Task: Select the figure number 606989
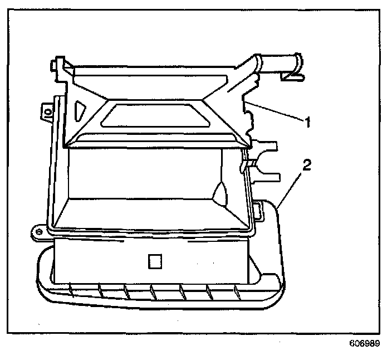click(365, 344)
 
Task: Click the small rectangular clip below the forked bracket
click(258, 211)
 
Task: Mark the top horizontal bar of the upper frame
click(161, 70)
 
